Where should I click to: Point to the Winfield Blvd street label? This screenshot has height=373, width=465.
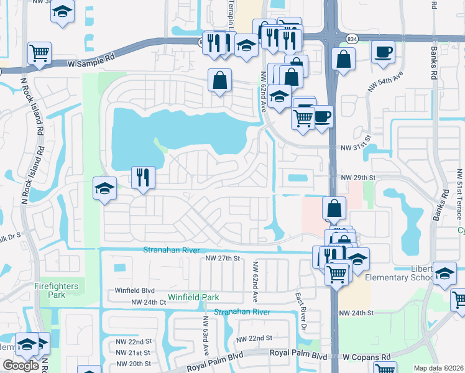(x=134, y=290)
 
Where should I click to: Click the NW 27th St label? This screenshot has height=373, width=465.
(x=223, y=258)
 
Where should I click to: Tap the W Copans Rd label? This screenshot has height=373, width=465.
(x=369, y=357)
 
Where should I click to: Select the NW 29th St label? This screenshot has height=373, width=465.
(x=359, y=177)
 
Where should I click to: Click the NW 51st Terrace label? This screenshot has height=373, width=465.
(x=459, y=195)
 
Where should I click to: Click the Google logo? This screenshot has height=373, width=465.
(x=21, y=366)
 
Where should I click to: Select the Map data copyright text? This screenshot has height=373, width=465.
(x=438, y=367)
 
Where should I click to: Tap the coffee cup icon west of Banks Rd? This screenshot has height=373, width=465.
(x=383, y=51)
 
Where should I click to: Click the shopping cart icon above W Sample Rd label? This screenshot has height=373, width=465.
(x=39, y=52)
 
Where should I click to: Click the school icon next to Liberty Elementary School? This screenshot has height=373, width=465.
(x=444, y=272)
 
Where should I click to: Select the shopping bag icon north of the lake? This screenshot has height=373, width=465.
(x=219, y=80)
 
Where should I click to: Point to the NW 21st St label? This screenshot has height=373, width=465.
(x=134, y=352)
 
